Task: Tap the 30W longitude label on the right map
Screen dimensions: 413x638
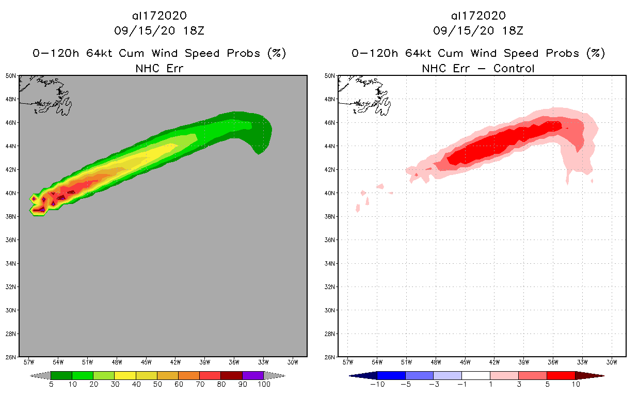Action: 612,362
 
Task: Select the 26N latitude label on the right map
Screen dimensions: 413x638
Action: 330,357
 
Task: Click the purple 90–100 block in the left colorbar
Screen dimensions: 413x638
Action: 253,375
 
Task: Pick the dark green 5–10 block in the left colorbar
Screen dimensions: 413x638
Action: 61,375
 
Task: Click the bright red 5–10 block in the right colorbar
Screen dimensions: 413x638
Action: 561,375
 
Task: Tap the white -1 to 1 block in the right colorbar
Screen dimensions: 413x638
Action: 475,375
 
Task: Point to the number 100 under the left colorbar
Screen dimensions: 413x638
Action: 264,385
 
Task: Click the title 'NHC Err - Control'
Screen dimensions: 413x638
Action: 478,68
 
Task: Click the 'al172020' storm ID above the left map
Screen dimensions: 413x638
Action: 159,15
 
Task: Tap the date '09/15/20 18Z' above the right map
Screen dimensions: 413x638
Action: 478,30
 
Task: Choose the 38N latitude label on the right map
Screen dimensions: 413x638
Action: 330,216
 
